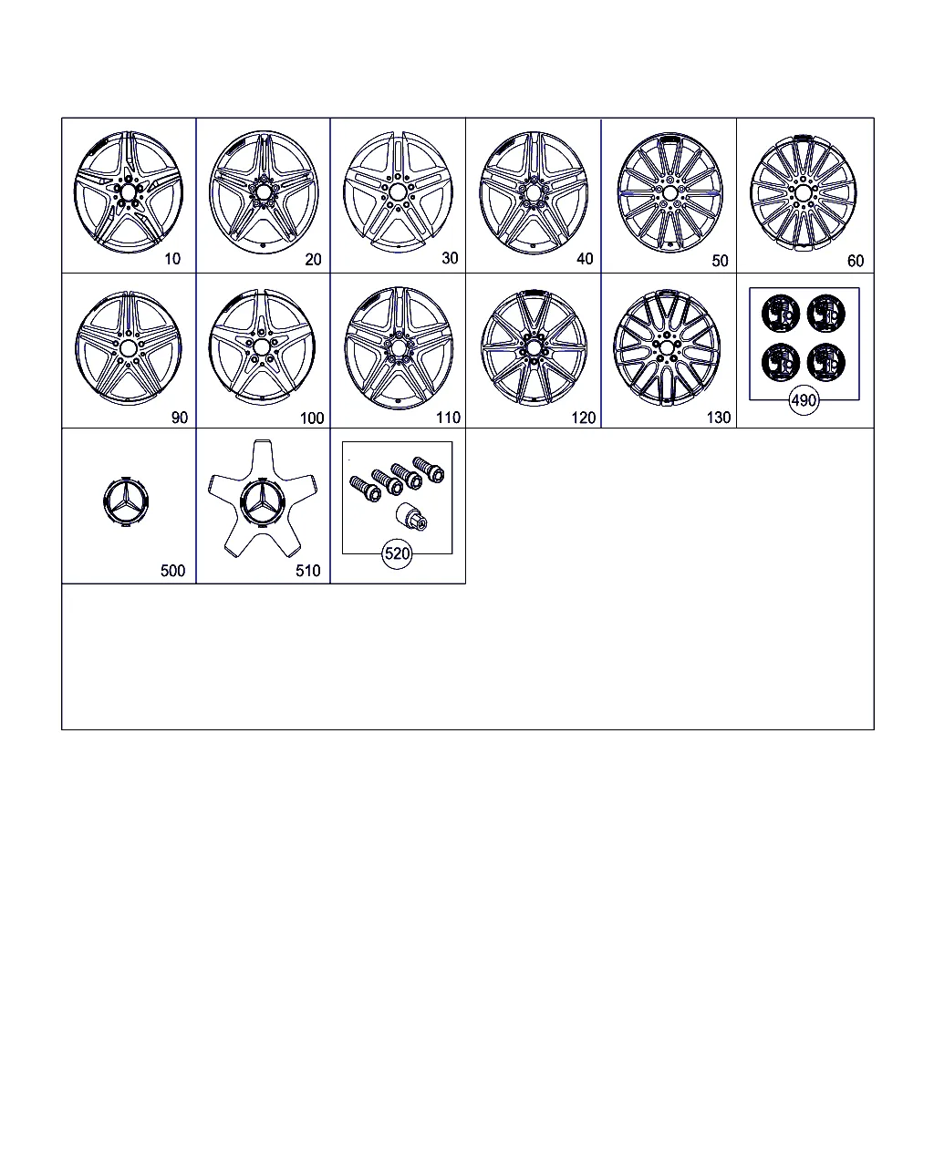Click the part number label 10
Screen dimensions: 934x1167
tap(172, 259)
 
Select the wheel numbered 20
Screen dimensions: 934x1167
tap(264, 192)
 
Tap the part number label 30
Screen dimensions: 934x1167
tap(450, 258)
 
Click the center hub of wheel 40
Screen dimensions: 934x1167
tap(534, 192)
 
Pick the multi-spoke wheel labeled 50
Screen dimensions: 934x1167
tap(669, 192)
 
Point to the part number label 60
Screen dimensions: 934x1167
tap(856, 261)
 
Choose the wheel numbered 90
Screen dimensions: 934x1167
tap(129, 348)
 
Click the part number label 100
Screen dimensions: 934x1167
tap(312, 418)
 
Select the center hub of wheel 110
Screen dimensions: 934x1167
tap(399, 347)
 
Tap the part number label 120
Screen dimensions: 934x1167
tap(583, 418)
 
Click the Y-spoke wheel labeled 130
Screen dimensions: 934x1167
tap(667, 347)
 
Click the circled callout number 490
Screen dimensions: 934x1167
tap(804, 401)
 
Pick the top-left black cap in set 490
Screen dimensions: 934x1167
tap(781, 314)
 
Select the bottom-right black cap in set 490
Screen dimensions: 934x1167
tap(826, 362)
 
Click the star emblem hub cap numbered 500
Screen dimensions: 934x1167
tap(125, 502)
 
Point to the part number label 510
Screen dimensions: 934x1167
tap(307, 571)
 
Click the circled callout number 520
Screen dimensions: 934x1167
tap(397, 554)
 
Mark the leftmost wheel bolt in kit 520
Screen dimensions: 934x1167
tap(365, 489)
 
